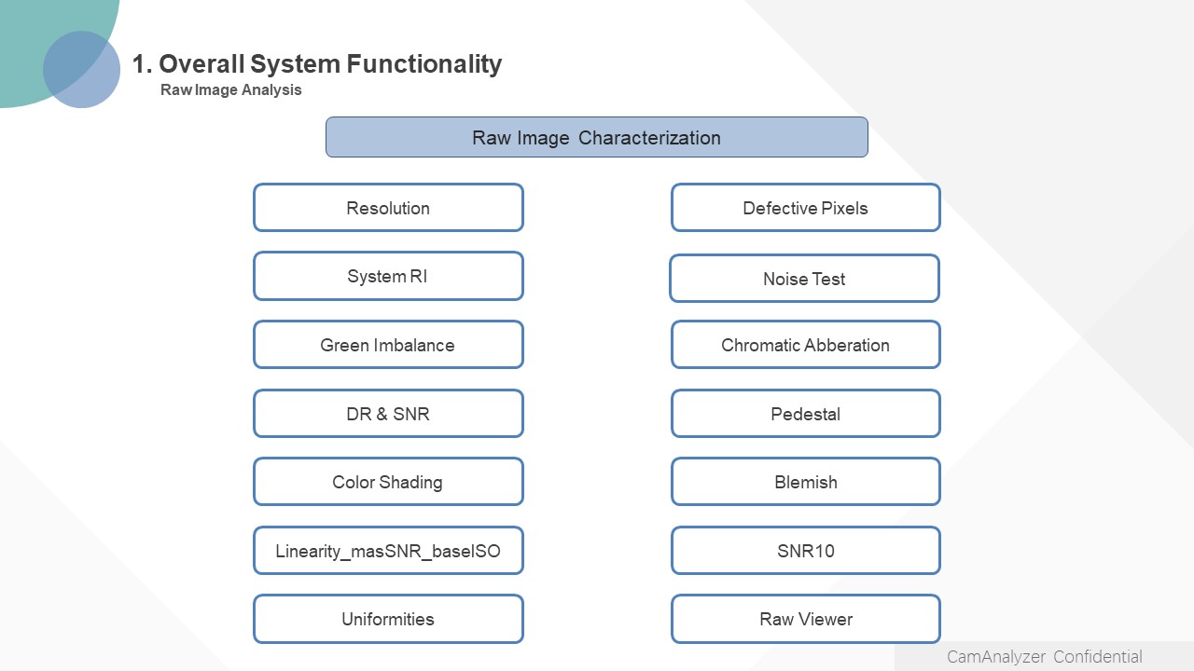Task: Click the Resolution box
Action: pos(388,208)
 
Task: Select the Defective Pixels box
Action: pos(805,208)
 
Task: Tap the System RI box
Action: pos(388,276)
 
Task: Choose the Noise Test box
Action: pos(804,279)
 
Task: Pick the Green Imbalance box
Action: pos(388,345)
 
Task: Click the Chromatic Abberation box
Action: pos(805,345)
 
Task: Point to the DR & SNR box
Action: pos(388,413)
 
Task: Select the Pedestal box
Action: pos(805,413)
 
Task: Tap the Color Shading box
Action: pos(388,482)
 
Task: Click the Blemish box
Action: pos(805,482)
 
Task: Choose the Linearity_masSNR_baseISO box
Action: pos(388,550)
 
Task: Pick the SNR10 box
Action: pos(805,550)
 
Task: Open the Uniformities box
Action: pos(388,619)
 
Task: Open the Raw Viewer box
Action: pos(805,619)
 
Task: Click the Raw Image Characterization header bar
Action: pos(596,137)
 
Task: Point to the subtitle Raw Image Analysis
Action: pos(230,90)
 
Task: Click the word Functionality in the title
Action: pos(424,64)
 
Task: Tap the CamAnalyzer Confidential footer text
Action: pos(1044,657)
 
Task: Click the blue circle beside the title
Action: pos(81,69)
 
